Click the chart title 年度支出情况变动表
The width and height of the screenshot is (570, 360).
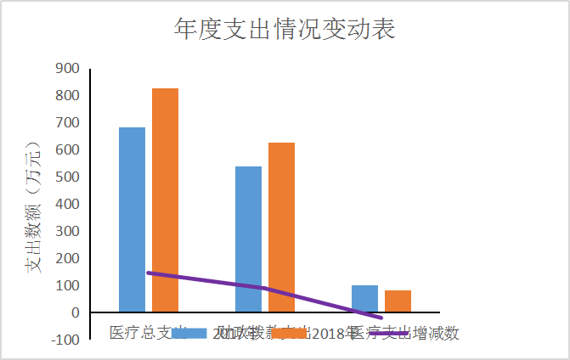pyautogui.click(x=285, y=30)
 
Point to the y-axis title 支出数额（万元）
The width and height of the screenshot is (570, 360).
pyautogui.click(x=33, y=204)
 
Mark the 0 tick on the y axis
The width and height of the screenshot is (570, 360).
pyautogui.click(x=75, y=313)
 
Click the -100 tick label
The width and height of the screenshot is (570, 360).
pyautogui.click(x=64, y=340)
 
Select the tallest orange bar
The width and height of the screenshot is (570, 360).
pyautogui.click(x=165, y=200)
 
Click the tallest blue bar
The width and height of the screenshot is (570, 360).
pyautogui.click(x=132, y=219)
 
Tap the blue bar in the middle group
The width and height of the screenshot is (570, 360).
pyautogui.click(x=248, y=239)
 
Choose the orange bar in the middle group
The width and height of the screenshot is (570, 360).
pyautogui.click(x=281, y=227)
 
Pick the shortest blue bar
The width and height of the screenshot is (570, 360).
pyautogui.click(x=364, y=298)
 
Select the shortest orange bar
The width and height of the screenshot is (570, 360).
pyautogui.click(x=398, y=301)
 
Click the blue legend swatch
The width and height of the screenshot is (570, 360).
pyautogui.click(x=189, y=333)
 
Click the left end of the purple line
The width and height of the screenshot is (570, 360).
pyautogui.click(x=148, y=273)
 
